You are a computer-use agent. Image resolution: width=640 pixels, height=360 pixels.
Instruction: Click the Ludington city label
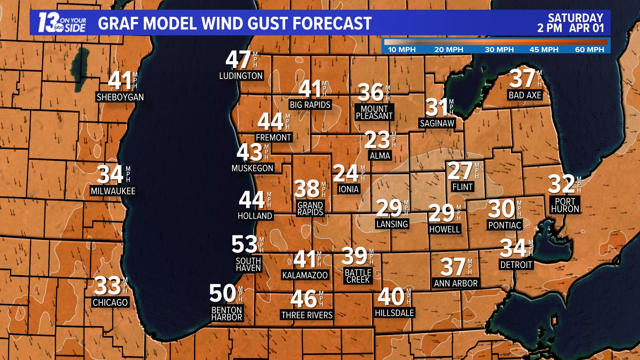click(x=241, y=76)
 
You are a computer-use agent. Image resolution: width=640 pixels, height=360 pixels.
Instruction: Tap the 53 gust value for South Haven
click(x=244, y=244)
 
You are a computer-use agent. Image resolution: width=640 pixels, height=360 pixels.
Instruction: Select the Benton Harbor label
click(x=227, y=314)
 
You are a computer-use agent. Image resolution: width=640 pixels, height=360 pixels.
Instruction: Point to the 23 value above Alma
click(x=377, y=140)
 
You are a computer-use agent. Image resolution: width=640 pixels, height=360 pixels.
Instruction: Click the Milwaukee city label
click(x=113, y=191)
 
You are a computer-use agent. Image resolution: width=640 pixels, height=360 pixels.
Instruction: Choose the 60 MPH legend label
click(x=589, y=50)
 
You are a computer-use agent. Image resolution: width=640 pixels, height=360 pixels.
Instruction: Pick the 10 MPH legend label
click(x=402, y=50)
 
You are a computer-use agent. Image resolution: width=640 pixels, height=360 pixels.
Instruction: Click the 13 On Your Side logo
click(x=62, y=23)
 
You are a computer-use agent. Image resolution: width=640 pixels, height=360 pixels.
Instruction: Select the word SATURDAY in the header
click(x=575, y=18)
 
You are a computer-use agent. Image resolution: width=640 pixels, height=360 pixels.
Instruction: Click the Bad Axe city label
click(x=525, y=95)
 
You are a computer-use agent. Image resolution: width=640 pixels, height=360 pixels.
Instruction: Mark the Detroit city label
click(x=516, y=265)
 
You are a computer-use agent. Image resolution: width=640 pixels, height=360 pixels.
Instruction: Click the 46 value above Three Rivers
click(x=304, y=299)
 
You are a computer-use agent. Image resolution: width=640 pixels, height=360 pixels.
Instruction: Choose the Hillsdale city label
click(x=394, y=313)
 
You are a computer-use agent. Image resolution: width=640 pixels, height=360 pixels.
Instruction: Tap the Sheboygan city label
click(x=120, y=97)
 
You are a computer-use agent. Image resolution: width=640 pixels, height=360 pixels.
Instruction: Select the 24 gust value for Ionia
click(x=346, y=173)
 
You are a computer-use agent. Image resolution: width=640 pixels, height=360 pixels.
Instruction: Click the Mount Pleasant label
click(x=374, y=112)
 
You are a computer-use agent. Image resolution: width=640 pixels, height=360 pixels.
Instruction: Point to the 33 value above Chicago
click(x=107, y=286)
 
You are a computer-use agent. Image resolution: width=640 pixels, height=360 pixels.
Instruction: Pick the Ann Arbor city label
click(x=456, y=283)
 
